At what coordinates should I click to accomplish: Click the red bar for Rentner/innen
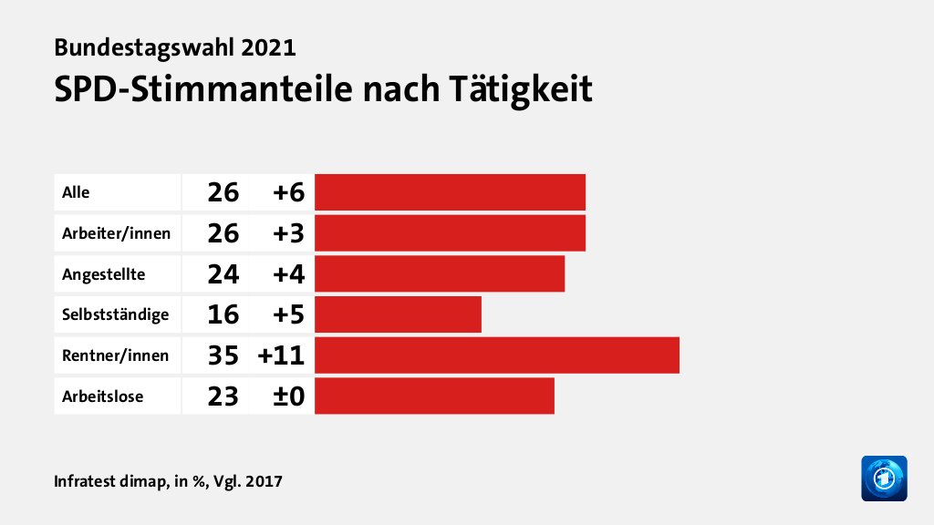(497, 355)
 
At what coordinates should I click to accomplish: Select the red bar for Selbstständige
(398, 314)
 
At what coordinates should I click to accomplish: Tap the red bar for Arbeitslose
(434, 396)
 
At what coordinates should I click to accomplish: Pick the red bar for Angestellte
(440, 273)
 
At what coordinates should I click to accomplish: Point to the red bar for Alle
(450, 192)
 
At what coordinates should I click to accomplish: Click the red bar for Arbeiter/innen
(450, 233)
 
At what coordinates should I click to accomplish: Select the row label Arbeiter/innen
(116, 233)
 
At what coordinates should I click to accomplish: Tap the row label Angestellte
(103, 273)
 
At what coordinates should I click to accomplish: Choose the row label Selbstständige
(115, 314)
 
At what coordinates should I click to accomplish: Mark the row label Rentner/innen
(115, 355)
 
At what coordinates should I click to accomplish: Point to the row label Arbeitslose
(102, 396)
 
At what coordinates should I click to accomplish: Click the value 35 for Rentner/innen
(223, 355)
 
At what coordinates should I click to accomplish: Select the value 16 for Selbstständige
(223, 314)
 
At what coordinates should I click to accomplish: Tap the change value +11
(281, 355)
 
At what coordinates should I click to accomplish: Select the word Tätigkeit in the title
(520, 89)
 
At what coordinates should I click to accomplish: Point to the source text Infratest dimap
(109, 480)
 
